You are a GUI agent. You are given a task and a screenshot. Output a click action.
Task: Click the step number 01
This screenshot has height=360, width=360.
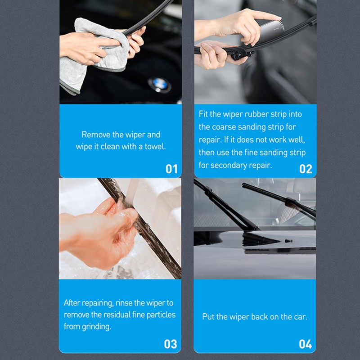[171, 169]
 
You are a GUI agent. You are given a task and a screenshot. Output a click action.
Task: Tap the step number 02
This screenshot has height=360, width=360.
[306, 169]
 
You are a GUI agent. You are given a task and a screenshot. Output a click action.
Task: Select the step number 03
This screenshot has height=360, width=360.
[171, 344]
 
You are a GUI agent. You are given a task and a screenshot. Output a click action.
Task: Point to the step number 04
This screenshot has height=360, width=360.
[305, 344]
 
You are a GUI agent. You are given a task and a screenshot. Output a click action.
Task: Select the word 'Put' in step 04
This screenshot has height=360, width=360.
[208, 317]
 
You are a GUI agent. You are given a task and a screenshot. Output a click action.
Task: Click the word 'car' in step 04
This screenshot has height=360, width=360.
[300, 317]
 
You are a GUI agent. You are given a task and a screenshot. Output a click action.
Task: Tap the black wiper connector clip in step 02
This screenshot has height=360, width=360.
[240, 54]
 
